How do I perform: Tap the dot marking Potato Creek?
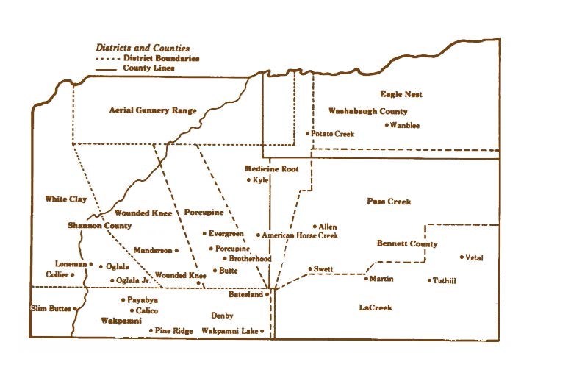(x=307, y=134)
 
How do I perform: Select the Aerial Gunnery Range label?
(x=153, y=110)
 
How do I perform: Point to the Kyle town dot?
(x=249, y=180)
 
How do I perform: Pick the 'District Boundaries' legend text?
(x=162, y=58)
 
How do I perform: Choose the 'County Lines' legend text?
(x=149, y=68)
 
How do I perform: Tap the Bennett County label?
(x=407, y=243)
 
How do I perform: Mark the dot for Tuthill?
(x=429, y=280)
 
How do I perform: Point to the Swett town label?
(x=323, y=269)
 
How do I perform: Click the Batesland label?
(x=248, y=293)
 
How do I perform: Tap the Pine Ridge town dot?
(x=151, y=331)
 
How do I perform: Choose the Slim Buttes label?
(x=50, y=307)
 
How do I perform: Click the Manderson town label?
(x=152, y=251)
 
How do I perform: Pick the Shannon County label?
(x=100, y=226)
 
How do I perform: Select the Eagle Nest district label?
(x=401, y=94)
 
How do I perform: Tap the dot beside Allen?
(x=314, y=227)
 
